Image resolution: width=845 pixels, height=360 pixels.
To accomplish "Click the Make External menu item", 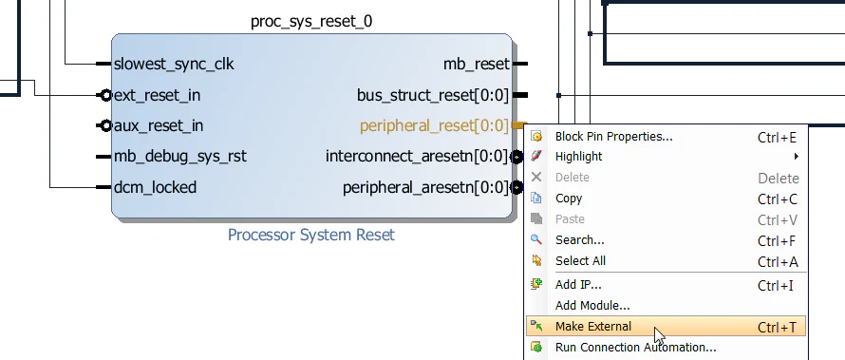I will point(593,327).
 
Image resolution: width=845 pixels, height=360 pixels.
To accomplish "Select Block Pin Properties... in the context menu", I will point(613,137).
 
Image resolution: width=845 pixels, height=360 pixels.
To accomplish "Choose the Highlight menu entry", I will point(578,157).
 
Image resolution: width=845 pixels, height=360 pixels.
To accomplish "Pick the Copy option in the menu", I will point(569,199).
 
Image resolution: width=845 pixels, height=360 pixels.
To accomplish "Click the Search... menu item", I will point(579,240).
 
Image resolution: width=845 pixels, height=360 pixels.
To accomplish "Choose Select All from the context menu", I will point(580,261).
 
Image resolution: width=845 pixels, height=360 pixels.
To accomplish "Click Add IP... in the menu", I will point(578,284).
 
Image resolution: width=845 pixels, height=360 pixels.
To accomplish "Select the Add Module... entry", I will point(592,306).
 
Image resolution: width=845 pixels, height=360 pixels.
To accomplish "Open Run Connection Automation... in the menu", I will point(635,347).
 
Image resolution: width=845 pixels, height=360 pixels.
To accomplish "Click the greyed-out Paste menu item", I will point(570,219).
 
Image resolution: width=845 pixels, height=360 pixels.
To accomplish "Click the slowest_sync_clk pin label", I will point(174,65).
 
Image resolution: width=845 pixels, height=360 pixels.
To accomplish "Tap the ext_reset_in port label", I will point(157,95).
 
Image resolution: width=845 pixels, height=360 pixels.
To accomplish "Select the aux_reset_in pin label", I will point(159,125).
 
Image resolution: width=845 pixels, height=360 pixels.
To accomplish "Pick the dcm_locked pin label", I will point(155,187).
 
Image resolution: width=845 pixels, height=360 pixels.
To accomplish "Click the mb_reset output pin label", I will point(476,65).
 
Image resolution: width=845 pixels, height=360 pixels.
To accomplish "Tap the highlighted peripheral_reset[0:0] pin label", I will point(434,125).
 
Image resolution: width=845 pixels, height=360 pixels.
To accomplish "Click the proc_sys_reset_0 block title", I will point(312,21).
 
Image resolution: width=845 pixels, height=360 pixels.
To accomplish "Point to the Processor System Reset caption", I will point(311,235).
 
